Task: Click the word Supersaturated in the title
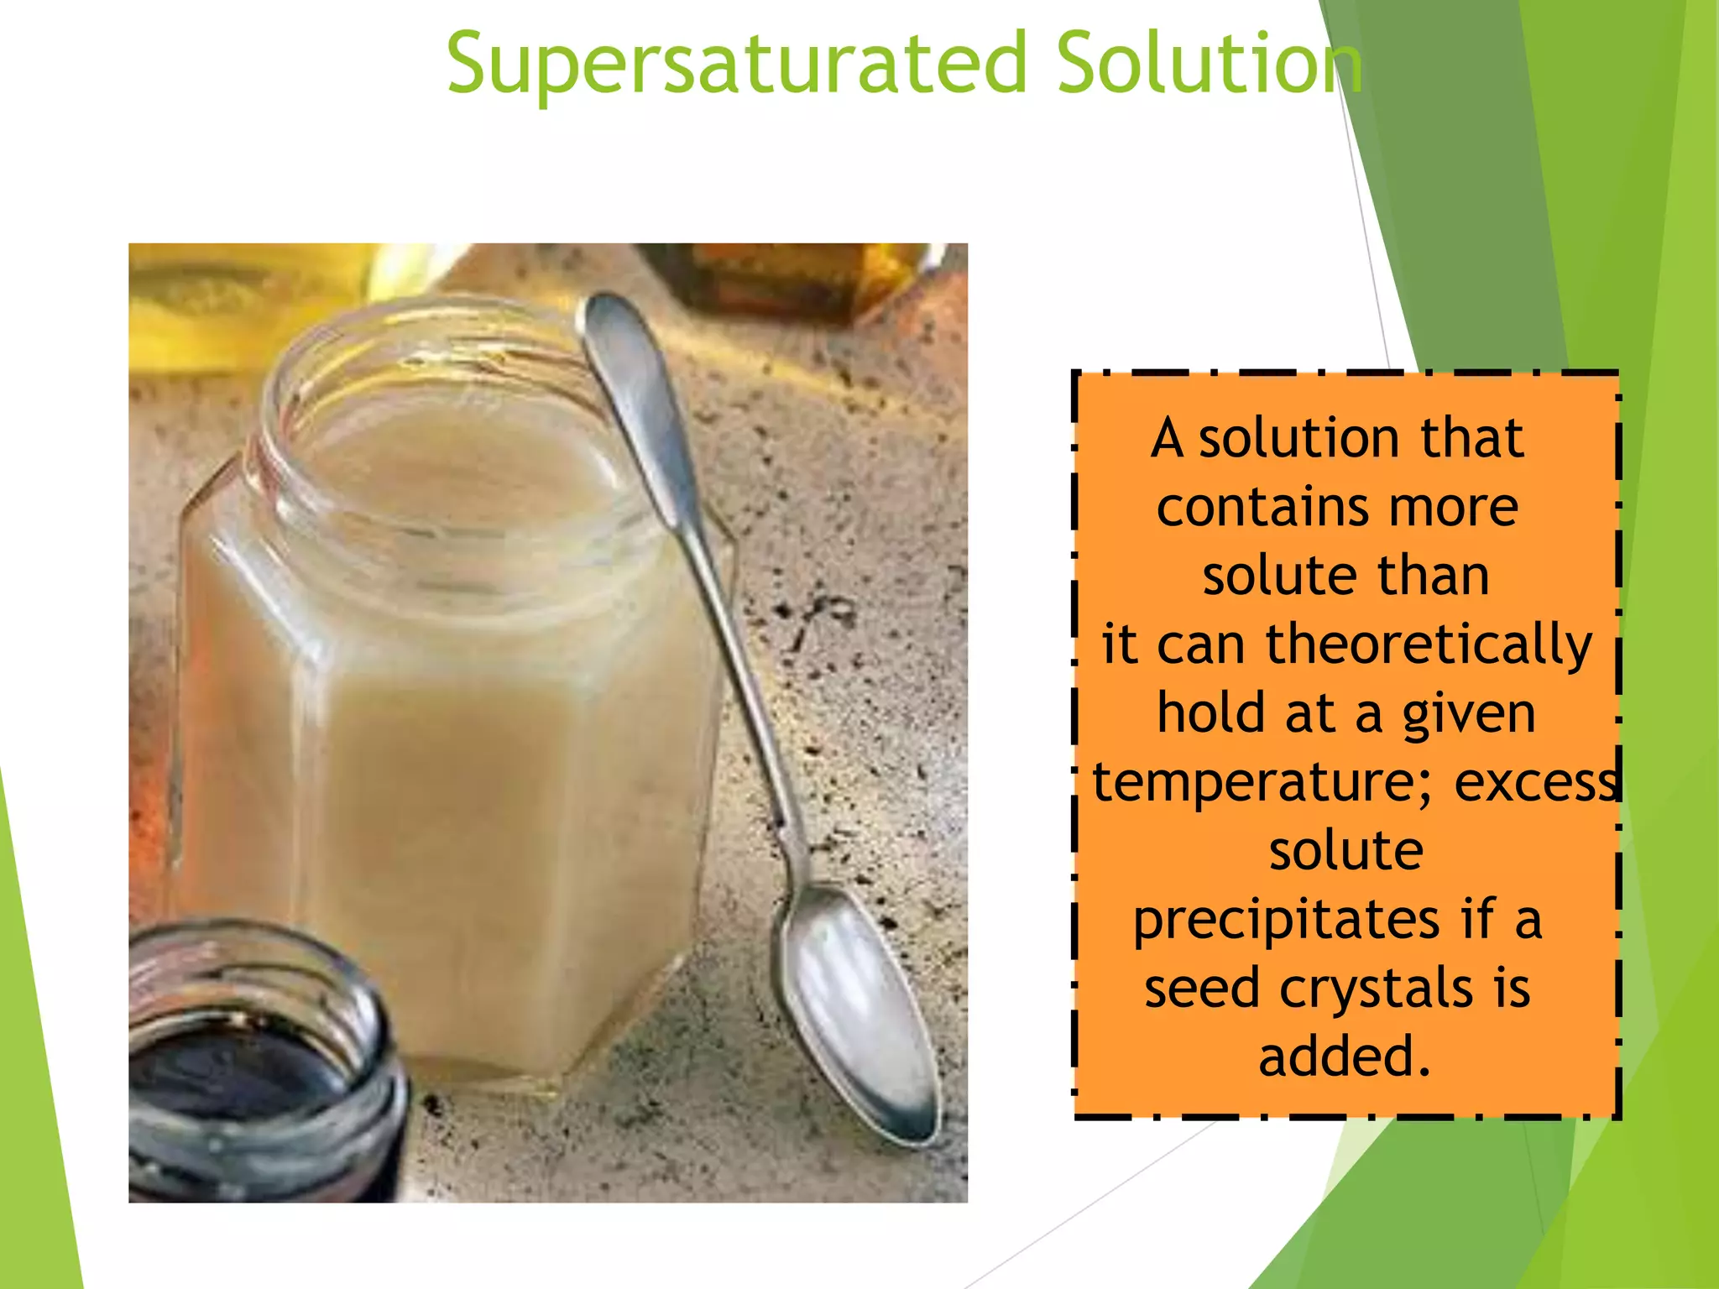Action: [737, 64]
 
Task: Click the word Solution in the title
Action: [1209, 64]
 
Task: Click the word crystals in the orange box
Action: [1376, 988]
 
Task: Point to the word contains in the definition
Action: [1260, 508]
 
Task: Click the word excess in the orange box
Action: [1536, 782]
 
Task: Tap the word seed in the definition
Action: [1201, 988]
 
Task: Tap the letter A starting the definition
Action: [1167, 438]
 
